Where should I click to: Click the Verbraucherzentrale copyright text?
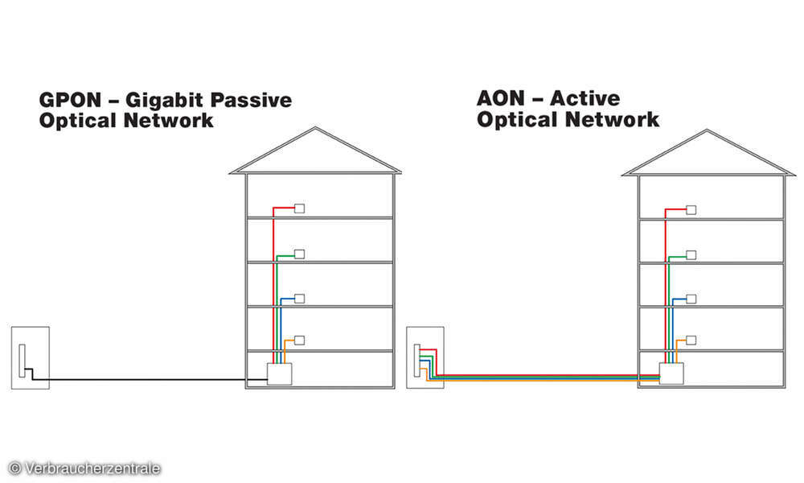84,469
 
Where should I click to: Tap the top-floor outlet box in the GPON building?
300,208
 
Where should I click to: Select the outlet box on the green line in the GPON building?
300,254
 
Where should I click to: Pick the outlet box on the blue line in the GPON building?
300,299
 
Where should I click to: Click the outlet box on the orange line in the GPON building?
300,340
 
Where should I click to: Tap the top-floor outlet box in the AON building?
691,209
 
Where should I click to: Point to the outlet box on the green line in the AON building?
691,255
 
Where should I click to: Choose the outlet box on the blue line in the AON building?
691,299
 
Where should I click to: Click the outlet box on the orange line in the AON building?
691,340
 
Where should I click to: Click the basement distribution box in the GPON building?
279,374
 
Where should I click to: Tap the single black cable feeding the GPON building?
145,380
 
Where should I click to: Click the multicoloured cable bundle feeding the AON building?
547,376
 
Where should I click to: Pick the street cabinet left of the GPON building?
31,357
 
